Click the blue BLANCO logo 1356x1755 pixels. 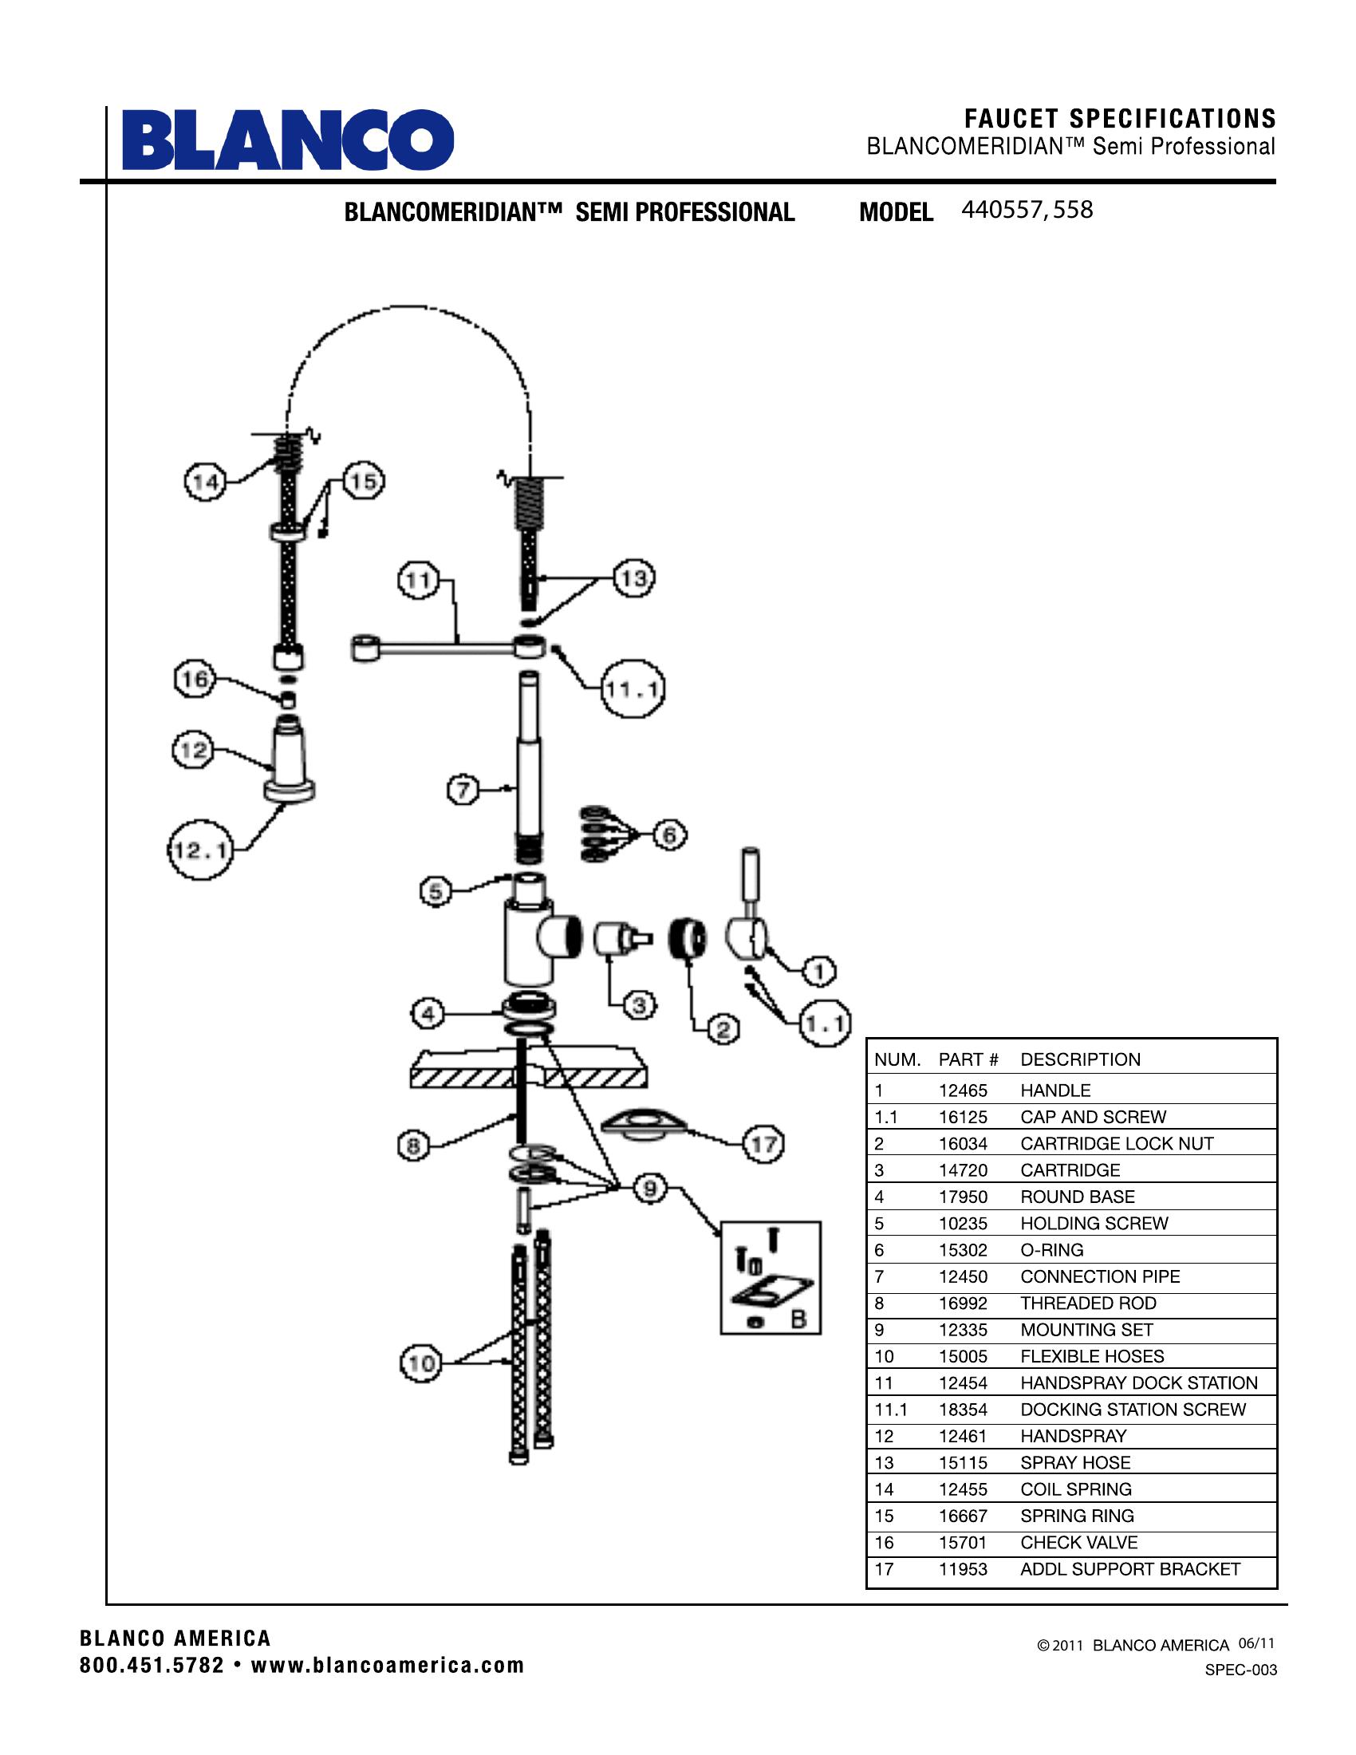click(288, 140)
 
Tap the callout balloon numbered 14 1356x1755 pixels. click(205, 482)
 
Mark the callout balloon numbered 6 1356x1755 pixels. click(669, 836)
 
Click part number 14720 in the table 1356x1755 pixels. click(963, 1170)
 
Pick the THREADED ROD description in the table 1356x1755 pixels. click(1088, 1303)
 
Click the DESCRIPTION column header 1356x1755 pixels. click(1080, 1059)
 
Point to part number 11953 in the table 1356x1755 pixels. click(963, 1568)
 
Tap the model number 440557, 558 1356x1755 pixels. click(1027, 211)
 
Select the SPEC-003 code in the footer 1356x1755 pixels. click(1240, 1670)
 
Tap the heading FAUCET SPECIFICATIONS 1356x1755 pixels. click(1120, 119)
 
